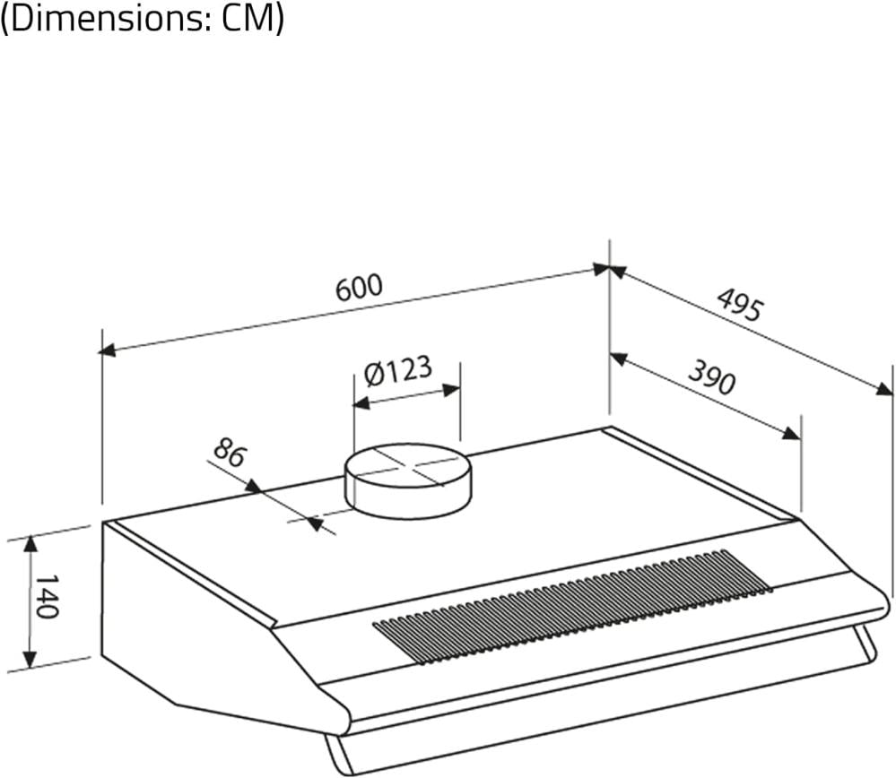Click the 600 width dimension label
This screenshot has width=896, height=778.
pyautogui.click(x=359, y=288)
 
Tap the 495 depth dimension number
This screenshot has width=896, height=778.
pyautogui.click(x=740, y=305)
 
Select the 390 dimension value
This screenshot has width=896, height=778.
pyautogui.click(x=711, y=377)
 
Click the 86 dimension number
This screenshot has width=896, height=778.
pyautogui.click(x=229, y=453)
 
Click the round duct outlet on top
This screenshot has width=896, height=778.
pyautogui.click(x=409, y=481)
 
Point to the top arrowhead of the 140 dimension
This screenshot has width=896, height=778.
pyautogui.click(x=30, y=544)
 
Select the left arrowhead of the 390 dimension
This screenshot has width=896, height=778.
pyautogui.click(x=618, y=359)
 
